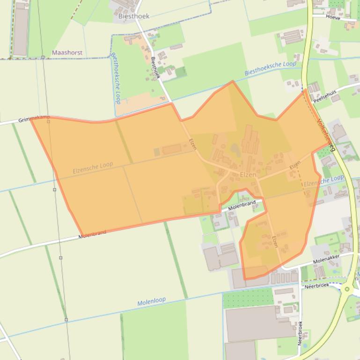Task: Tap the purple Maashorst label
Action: tap(67, 53)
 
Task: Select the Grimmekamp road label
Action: tap(34, 119)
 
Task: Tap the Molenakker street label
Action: tap(326, 259)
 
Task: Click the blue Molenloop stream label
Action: tap(151, 302)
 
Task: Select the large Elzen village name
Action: tap(248, 174)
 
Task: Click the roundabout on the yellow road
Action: tap(347, 289)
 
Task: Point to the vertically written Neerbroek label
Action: tap(300, 333)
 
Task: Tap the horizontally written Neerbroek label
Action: tap(317, 285)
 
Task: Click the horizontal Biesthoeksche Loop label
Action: tap(270, 68)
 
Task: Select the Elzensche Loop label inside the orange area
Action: tap(93, 168)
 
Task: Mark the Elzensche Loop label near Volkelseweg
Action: tap(323, 180)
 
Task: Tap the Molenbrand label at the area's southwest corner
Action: tap(92, 234)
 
